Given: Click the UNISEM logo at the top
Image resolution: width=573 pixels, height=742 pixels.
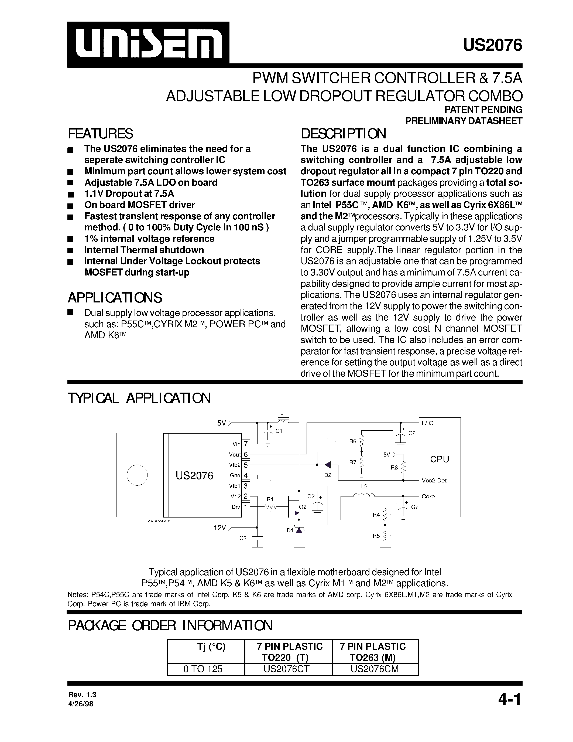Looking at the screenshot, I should pos(148,44).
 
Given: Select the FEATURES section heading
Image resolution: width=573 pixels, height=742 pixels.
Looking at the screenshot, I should pos(101,134).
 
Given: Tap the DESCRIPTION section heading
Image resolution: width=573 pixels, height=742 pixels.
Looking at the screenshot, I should pos(343,134).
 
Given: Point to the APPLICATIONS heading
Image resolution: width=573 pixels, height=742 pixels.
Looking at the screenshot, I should pos(115,298).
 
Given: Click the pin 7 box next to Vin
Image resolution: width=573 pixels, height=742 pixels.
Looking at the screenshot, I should pos(246,444).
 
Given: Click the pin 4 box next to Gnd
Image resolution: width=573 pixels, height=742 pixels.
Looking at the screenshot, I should pos(246,475).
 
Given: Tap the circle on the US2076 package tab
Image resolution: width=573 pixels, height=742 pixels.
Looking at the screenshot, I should pos(137,475).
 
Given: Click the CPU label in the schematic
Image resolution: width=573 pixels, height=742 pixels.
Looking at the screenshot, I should pos(439,459).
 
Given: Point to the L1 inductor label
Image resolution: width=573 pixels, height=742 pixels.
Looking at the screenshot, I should pos(283,413).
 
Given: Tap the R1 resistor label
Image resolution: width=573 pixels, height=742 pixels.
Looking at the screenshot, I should pos(270,499).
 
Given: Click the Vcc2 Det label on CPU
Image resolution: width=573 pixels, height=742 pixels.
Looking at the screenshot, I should pos(434,480).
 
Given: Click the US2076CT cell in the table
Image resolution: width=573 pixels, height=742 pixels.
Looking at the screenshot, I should pos(289,669).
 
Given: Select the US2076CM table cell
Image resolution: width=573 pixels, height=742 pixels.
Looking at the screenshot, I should pos(375,669).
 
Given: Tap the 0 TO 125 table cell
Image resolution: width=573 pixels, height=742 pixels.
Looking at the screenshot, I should pos(203,669).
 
